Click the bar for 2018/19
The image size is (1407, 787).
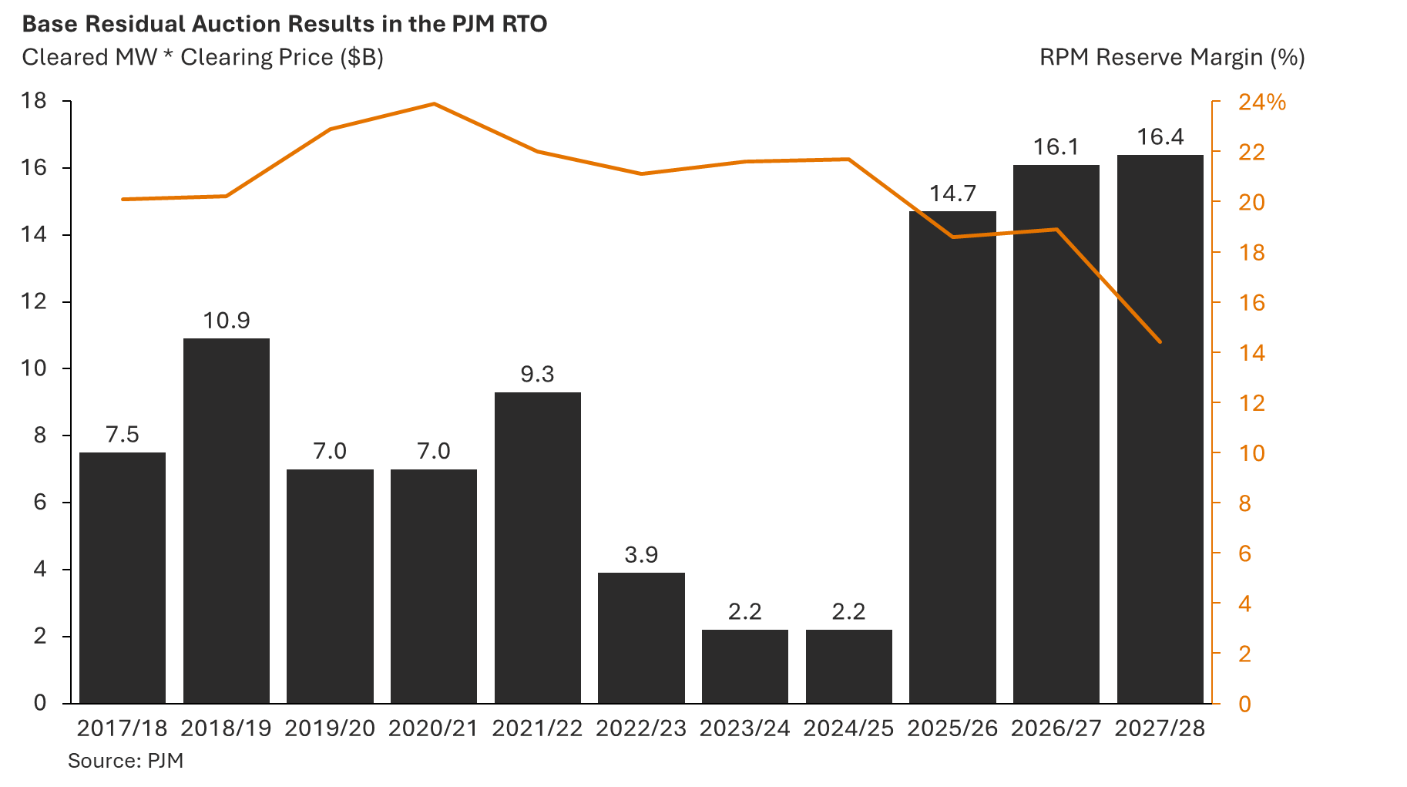[227, 520]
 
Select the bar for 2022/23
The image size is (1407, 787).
[641, 637]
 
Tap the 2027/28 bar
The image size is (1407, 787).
[1160, 429]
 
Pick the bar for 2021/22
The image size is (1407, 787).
[537, 547]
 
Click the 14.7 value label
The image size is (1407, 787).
[952, 193]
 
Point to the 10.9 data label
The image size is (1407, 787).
[227, 321]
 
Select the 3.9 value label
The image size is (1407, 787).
[641, 555]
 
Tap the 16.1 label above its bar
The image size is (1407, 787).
[1056, 147]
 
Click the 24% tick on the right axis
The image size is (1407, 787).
[1261, 103]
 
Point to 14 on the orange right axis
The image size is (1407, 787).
[1251, 353]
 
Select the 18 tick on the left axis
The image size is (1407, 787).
[34, 100]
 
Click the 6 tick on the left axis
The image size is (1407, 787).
[39, 502]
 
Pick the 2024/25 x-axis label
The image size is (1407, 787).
[848, 728]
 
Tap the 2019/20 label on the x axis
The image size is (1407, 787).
[330, 728]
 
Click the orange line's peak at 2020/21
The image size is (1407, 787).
[434, 103]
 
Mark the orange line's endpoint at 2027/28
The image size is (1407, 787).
[1160, 341]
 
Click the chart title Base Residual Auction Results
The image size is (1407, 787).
[284, 24]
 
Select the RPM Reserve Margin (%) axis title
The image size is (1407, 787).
[1171, 58]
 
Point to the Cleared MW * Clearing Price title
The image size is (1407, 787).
[203, 58]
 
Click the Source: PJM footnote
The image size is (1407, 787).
[126, 761]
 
